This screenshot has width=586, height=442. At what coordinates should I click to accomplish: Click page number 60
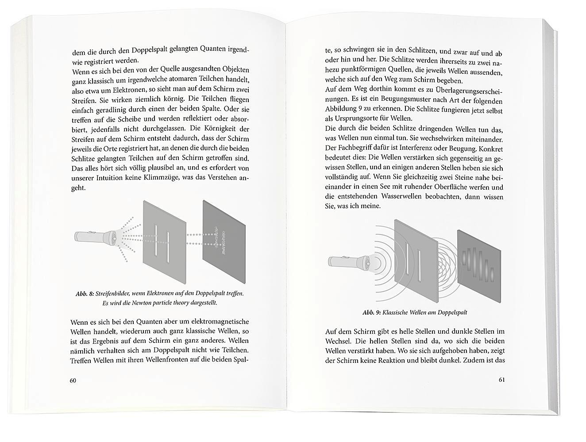click(73, 381)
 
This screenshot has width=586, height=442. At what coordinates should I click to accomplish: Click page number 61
click(501, 380)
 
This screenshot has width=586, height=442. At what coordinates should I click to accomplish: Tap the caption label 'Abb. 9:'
click(371, 312)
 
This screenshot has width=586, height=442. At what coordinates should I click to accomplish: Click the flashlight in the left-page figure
click(96, 237)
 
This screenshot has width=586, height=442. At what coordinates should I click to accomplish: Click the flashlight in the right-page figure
click(350, 262)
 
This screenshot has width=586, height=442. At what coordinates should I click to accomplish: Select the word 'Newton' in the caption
click(144, 303)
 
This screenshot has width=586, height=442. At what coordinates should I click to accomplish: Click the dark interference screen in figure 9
click(479, 264)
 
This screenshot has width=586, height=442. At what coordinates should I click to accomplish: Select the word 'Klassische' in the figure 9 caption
click(396, 312)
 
